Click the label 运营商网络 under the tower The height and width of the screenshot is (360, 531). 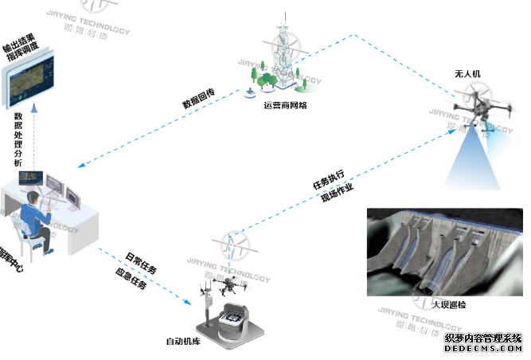pos(285,105)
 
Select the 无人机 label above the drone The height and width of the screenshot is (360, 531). pos(467,75)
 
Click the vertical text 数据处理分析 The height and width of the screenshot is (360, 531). pos(20,139)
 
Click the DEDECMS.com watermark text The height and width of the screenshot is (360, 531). pos(482,349)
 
